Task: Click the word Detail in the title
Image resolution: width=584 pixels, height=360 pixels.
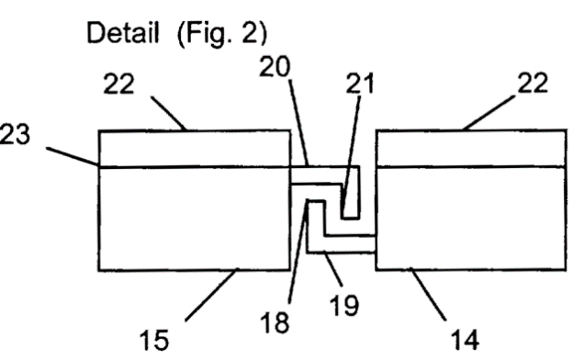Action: (x=123, y=32)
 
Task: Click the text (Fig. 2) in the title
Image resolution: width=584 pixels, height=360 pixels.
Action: (x=222, y=34)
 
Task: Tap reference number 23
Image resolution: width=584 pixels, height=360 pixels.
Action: (x=15, y=134)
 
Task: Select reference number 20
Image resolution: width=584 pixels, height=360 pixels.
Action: (x=275, y=67)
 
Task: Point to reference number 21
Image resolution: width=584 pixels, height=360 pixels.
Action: (x=360, y=83)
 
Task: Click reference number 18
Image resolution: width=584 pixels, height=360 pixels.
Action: (x=275, y=322)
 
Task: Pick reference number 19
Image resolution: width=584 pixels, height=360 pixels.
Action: (x=344, y=305)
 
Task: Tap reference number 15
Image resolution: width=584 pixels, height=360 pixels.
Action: (x=154, y=340)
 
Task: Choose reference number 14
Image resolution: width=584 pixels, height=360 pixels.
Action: (x=466, y=340)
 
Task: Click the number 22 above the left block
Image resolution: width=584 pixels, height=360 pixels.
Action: (x=118, y=84)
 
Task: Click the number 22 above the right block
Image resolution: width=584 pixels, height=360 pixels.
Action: (x=533, y=83)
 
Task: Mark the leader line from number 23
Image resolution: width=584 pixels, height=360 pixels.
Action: (x=73, y=156)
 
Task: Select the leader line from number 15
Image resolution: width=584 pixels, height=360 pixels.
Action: (x=211, y=295)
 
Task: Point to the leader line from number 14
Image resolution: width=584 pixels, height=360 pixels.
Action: (x=428, y=294)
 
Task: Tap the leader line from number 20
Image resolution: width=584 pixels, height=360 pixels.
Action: (x=298, y=123)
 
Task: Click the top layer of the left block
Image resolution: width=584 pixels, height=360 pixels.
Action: (x=195, y=149)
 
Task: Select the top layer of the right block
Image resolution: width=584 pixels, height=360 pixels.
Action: (x=471, y=148)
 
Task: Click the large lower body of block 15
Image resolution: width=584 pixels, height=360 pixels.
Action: (x=195, y=219)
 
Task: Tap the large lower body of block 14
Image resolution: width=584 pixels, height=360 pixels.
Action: (x=471, y=218)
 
